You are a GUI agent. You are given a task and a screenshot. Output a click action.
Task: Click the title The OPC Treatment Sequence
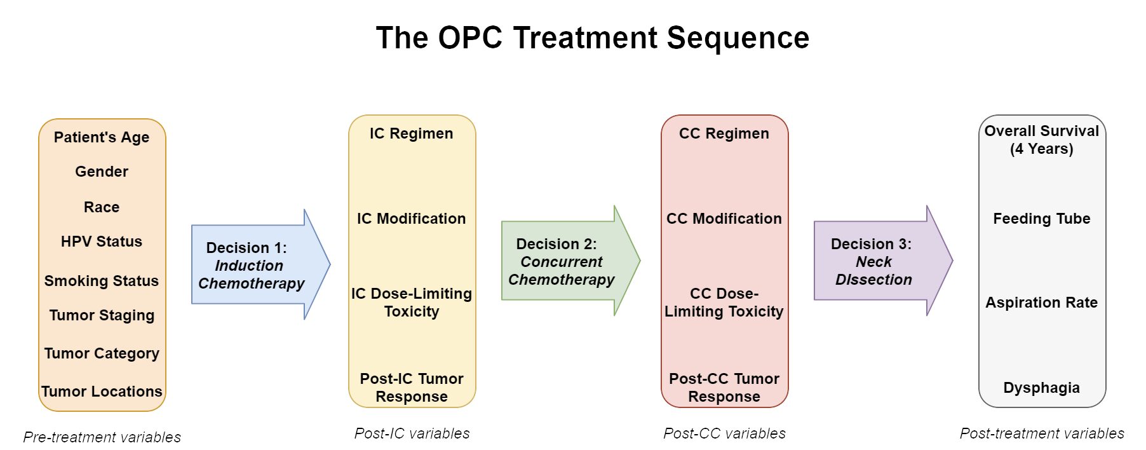592,38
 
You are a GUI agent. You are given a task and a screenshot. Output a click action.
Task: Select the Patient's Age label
102,137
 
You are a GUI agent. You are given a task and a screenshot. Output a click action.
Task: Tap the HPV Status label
102,242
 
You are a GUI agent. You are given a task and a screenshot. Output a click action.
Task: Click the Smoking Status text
102,281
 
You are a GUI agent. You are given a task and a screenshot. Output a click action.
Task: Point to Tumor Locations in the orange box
102,392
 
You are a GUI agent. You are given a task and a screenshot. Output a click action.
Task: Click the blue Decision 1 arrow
254,265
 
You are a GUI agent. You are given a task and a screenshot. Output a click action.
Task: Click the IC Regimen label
412,133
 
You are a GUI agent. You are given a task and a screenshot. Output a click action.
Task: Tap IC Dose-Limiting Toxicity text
412,303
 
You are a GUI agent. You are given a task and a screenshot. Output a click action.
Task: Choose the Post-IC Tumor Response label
412,388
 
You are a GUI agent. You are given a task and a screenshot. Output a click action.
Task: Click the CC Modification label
724,219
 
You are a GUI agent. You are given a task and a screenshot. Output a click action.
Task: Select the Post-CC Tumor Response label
724,388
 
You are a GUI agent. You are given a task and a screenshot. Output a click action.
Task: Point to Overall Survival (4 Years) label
1042,140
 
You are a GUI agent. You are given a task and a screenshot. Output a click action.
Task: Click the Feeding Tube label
1042,219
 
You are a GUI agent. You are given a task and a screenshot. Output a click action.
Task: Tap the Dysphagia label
1042,388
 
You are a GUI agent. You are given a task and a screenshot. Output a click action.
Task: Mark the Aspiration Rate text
1042,303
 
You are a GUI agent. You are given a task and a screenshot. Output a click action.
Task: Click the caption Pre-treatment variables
102,437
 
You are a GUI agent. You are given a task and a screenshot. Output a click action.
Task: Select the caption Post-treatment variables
1042,433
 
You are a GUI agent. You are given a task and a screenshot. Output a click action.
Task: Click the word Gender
102,172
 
